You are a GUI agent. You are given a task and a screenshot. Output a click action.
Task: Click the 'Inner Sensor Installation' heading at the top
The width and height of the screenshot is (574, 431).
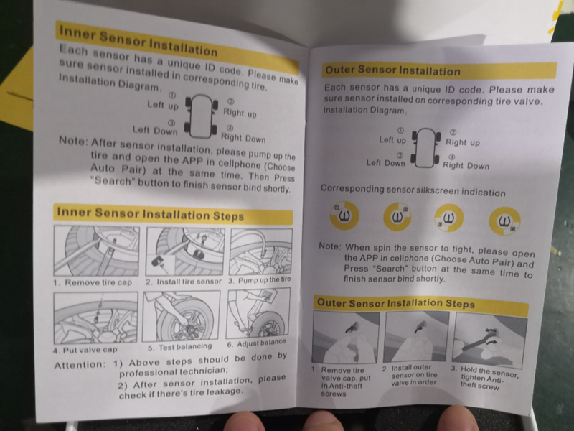[138, 41]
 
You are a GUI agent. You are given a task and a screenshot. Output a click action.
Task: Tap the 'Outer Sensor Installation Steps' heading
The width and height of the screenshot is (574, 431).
[396, 303]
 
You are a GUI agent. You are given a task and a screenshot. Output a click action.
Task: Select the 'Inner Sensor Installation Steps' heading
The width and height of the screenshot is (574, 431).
[151, 214]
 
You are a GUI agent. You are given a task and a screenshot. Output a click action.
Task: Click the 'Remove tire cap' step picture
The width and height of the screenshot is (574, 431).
[96, 251]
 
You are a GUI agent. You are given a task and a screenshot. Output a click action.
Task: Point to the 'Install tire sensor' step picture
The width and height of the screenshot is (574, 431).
[185, 251]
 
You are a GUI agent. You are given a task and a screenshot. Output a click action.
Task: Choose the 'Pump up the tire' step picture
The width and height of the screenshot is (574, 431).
[260, 252]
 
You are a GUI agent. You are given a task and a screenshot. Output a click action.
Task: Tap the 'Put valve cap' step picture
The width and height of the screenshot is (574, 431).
[96, 318]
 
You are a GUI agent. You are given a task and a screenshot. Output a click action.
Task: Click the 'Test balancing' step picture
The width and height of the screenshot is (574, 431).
[182, 316]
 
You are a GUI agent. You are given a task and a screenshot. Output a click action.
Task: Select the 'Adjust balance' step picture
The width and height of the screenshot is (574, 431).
[258, 313]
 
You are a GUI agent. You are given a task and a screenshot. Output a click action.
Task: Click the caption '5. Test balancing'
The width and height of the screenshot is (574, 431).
[180, 347]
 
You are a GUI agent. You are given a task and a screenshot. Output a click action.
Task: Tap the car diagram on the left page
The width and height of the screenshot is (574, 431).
[202, 116]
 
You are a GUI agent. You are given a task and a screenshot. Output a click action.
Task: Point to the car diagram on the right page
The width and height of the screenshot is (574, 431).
[425, 148]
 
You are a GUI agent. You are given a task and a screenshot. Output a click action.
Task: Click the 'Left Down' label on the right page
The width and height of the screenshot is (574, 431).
[385, 163]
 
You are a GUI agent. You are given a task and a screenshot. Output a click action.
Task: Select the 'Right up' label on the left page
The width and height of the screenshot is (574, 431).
[240, 113]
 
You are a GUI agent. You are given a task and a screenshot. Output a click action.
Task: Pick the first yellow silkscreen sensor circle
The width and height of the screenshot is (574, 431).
[344, 215]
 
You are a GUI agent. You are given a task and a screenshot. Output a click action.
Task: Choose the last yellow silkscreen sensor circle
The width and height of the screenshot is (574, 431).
[505, 221]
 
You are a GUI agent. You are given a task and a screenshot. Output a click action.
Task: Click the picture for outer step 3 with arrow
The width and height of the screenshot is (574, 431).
[490, 340]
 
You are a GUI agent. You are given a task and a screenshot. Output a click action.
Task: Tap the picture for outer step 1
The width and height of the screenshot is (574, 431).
[346, 337]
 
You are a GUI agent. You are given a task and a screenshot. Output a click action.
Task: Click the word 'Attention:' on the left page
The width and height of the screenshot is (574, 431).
[80, 365]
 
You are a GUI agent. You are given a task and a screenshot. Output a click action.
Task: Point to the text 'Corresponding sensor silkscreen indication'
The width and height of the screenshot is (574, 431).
[413, 190]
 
